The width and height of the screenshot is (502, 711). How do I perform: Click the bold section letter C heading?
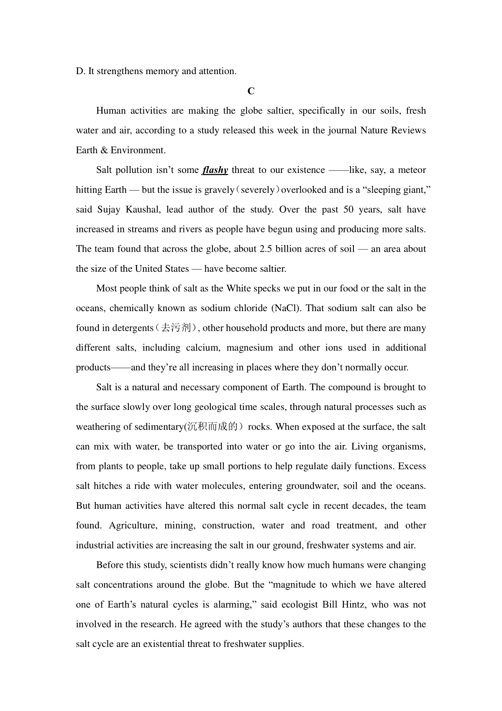coord(251,91)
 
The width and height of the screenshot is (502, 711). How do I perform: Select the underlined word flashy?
coord(215,170)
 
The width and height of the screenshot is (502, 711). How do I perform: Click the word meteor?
coord(412,170)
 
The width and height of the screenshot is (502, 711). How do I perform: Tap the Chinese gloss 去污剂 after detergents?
coord(177,328)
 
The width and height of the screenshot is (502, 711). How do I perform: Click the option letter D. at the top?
coord(80,71)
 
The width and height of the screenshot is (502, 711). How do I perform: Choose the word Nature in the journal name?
coord(374,131)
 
